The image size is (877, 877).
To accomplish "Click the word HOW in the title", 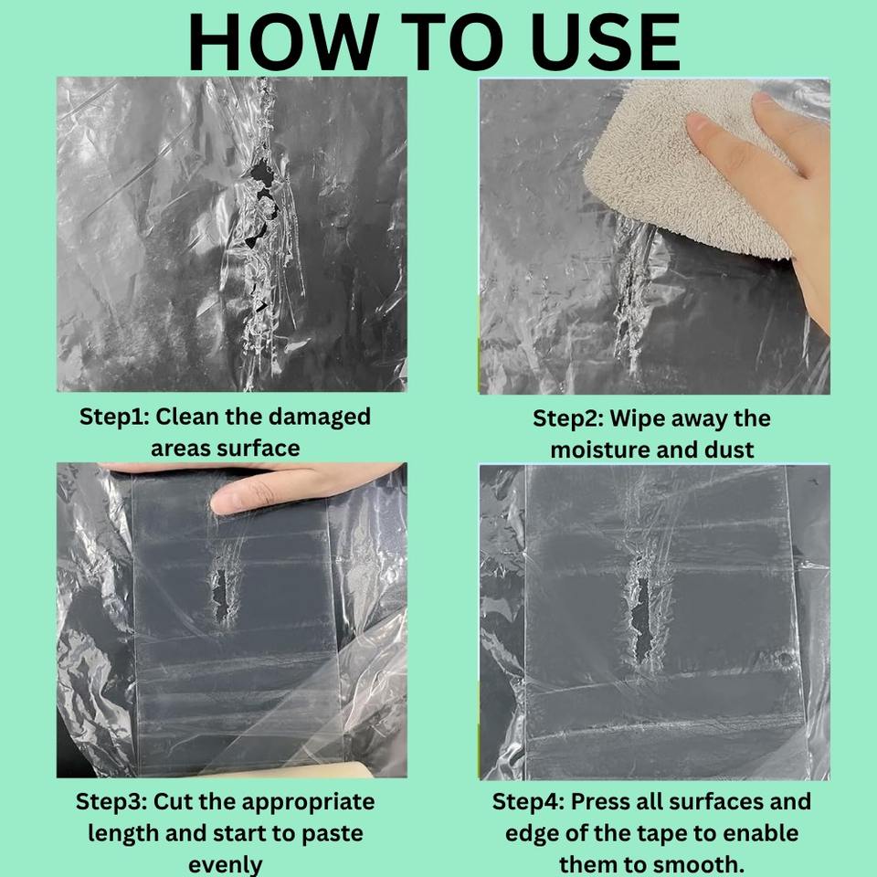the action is tap(283, 42).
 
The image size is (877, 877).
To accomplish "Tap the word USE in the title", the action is tap(605, 42).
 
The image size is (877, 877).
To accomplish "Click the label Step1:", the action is tap(114, 417).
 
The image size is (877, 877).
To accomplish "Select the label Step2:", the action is tap(567, 419).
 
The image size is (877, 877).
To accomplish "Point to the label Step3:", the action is tap(111, 802).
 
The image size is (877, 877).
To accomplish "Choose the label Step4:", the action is tap(528, 802).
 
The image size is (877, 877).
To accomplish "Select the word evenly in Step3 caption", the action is tap(226, 865).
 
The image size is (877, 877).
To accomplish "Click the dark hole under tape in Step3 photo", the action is tap(221, 597).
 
